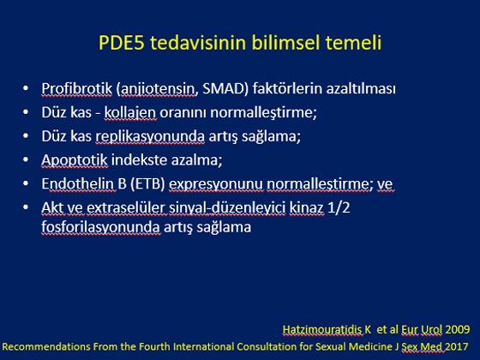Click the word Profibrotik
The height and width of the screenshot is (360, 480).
[77, 89]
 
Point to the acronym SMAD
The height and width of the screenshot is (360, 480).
[225, 89]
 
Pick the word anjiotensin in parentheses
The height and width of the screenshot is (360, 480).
[158, 89]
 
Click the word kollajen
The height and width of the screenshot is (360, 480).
[130, 112]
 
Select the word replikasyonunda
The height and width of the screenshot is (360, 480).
[150, 136]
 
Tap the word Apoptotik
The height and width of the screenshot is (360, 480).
[75, 160]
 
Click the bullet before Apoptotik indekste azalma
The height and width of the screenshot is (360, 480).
[26, 159]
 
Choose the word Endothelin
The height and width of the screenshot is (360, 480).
[79, 183]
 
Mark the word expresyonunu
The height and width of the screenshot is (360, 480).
[216, 184]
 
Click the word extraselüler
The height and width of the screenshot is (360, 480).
[126, 207]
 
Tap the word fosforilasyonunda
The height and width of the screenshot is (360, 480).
[101, 227]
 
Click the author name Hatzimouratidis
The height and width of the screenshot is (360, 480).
[322, 330]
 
